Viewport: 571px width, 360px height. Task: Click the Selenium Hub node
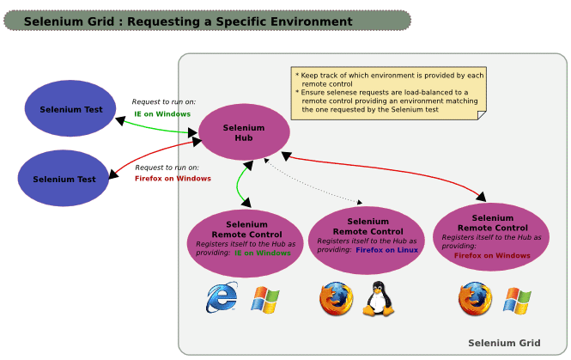(244, 132)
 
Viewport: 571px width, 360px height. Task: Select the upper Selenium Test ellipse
(70, 109)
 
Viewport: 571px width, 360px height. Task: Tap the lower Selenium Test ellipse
(64, 179)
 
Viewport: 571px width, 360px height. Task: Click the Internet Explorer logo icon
(222, 298)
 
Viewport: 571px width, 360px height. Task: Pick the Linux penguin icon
(375, 299)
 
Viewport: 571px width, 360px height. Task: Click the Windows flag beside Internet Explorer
(265, 299)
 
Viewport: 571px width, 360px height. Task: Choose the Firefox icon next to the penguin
(336, 299)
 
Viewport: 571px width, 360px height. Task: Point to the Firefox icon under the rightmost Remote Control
(475, 299)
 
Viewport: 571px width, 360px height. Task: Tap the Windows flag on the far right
(517, 299)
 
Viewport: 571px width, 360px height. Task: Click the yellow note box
(389, 93)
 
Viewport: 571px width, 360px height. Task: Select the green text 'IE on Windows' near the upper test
(162, 113)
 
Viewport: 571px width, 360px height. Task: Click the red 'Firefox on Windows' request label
(173, 179)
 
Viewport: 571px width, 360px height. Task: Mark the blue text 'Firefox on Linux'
(387, 250)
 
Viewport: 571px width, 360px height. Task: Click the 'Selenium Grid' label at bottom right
(504, 343)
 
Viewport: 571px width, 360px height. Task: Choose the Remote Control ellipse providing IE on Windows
(246, 237)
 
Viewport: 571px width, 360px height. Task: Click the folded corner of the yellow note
(480, 114)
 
